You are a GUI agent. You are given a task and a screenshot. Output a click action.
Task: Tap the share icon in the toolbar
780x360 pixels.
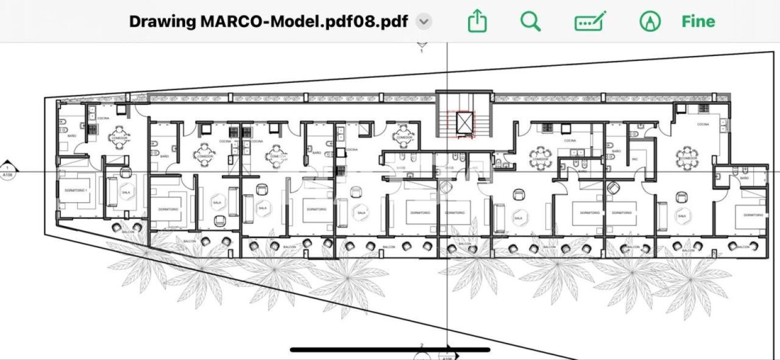pyautogui.click(x=478, y=21)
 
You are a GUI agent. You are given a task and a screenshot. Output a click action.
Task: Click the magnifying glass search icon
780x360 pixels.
pyautogui.click(x=530, y=21)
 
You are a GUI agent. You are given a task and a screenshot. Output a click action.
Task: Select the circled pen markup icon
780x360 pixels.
pyautogui.click(x=650, y=21)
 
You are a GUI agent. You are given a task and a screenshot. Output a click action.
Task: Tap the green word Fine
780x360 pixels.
pyautogui.click(x=698, y=21)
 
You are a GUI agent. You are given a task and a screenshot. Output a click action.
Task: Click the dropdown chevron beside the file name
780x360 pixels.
pyautogui.click(x=424, y=21)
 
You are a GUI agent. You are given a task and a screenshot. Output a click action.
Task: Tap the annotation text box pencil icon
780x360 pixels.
pyautogui.click(x=590, y=21)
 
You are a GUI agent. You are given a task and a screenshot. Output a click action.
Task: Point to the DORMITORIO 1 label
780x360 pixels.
pyautogui.click(x=76, y=191)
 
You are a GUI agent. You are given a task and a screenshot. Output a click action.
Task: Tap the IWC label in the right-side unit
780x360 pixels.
pyautogui.click(x=634, y=159)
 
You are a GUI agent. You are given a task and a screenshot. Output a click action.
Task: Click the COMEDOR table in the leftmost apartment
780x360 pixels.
pyautogui.click(x=118, y=137)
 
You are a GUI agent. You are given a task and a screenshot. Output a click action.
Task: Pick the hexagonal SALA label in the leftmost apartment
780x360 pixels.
pyautogui.click(x=126, y=192)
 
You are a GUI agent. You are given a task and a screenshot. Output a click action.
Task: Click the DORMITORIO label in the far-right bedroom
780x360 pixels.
pyautogui.click(x=753, y=215)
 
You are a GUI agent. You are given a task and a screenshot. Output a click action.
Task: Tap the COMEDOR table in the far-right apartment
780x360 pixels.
pyautogui.click(x=687, y=157)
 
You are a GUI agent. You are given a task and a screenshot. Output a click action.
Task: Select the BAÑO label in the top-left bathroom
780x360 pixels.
pyautogui.click(x=72, y=136)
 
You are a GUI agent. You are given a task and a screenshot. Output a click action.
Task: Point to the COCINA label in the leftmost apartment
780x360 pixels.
pyautogui.click(x=103, y=118)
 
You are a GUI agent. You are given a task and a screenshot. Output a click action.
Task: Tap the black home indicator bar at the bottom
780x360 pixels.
pyautogui.click(x=390, y=350)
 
